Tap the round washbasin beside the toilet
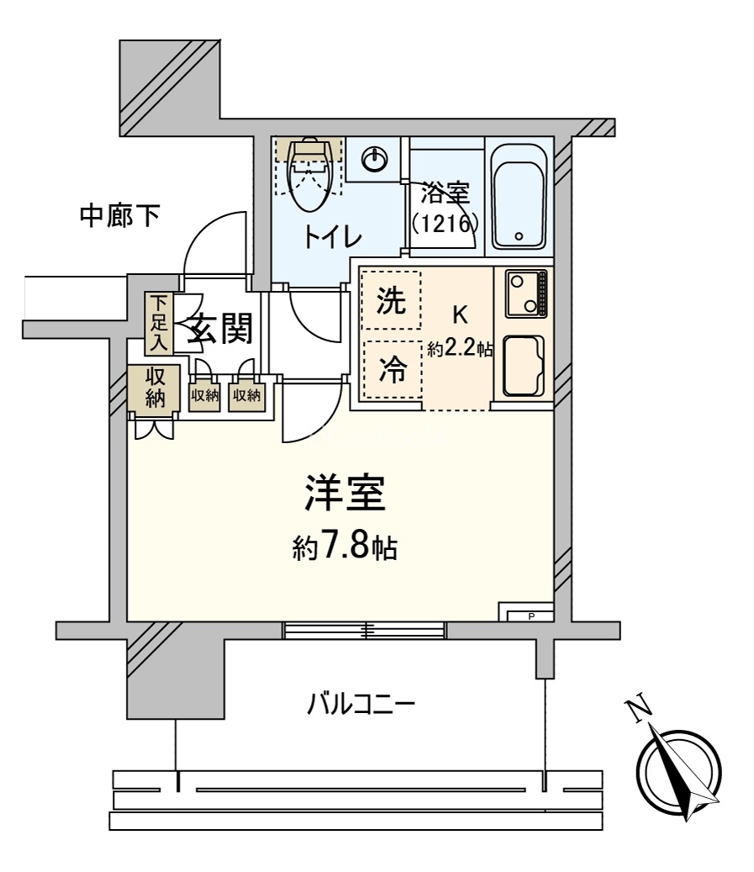[373, 160]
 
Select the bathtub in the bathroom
[519, 203]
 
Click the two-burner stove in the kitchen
[525, 293]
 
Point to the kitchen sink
[523, 367]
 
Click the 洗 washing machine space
[391, 300]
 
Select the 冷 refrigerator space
[392, 369]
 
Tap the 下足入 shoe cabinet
[159, 324]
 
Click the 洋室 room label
[345, 493]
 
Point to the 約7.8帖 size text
[345, 547]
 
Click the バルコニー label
[361, 706]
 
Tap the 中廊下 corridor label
[120, 216]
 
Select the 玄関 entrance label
[219, 328]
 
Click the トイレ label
[332, 238]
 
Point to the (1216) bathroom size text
[445, 224]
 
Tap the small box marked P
[530, 616]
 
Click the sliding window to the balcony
[364, 630]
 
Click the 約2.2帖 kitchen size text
[460, 349]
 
